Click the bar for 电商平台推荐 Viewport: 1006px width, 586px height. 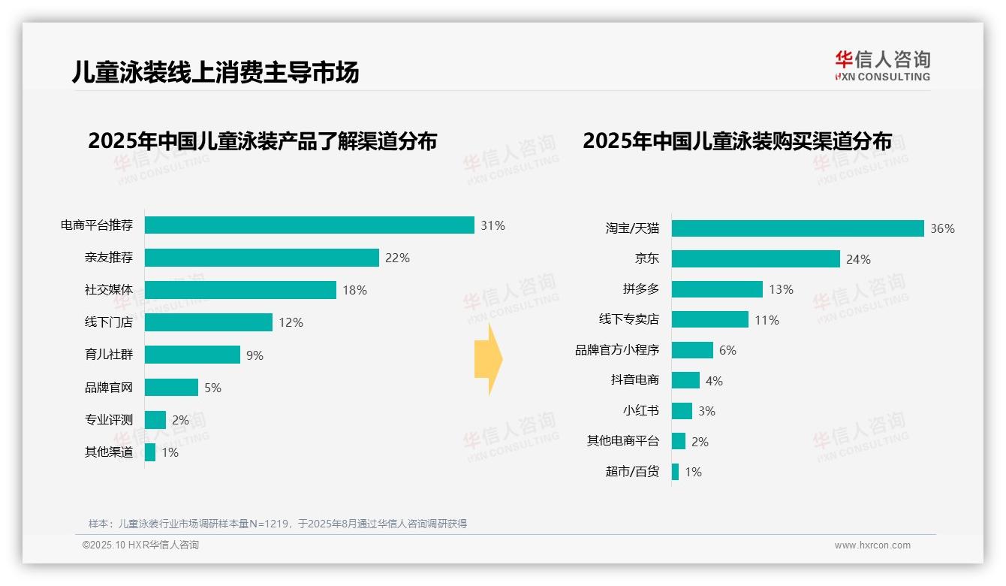tap(309, 225)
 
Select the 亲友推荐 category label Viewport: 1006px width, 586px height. tap(109, 258)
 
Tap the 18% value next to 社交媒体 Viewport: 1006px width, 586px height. tap(355, 290)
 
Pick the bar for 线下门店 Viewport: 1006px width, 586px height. tap(209, 322)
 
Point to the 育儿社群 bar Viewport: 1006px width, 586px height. tap(192, 355)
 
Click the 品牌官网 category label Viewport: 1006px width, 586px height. tap(109, 388)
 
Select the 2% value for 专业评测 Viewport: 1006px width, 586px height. tap(180, 420)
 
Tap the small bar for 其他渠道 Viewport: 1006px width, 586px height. tap(150, 452)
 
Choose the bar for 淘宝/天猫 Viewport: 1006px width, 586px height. tap(797, 228)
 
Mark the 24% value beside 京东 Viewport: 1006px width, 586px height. tap(858, 259)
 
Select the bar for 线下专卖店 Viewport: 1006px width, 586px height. tap(709, 319)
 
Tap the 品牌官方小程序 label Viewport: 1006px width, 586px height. tap(617, 350)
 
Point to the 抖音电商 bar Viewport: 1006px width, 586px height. tap(685, 380)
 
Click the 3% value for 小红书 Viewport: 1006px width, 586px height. tap(706, 411)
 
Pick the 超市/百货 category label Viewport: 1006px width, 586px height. tap(632, 472)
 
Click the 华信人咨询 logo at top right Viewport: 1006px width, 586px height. tap(882, 65)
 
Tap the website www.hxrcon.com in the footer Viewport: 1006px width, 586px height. tap(872, 545)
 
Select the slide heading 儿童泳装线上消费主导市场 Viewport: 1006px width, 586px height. tap(215, 72)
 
